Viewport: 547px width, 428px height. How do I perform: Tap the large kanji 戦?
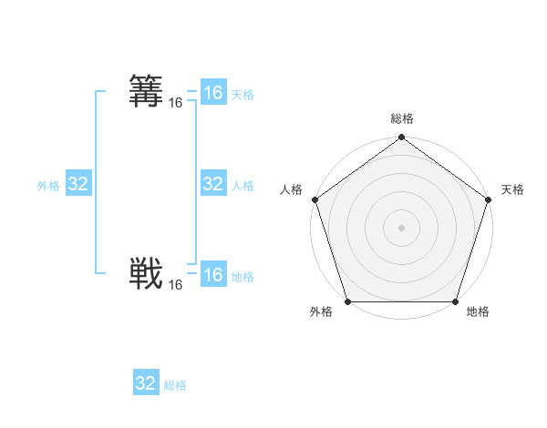[x=147, y=272]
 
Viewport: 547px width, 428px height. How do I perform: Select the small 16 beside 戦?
[x=176, y=285]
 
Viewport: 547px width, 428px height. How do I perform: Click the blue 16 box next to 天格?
[x=213, y=93]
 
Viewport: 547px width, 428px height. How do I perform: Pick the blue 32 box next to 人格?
[x=213, y=184]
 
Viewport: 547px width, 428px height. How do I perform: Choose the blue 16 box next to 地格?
[x=213, y=275]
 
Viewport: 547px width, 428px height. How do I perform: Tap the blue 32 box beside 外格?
[x=78, y=184]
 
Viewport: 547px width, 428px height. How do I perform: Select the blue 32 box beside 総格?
[x=146, y=383]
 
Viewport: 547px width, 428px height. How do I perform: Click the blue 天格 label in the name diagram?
[x=243, y=95]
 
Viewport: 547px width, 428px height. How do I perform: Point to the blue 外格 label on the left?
[x=48, y=186]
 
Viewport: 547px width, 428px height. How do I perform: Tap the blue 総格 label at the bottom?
[x=175, y=385]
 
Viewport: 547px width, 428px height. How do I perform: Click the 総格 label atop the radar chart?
[x=402, y=118]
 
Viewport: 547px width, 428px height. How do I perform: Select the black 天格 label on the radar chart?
[x=512, y=189]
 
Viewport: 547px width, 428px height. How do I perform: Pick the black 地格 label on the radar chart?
[x=478, y=312]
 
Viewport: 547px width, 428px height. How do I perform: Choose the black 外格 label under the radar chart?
[x=321, y=312]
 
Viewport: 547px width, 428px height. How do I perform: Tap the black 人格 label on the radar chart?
[x=292, y=189]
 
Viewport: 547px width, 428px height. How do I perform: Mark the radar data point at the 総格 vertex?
[x=402, y=138]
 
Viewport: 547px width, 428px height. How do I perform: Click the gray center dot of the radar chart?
[x=402, y=227]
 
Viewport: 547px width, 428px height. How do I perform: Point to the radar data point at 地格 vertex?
[x=455, y=301]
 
